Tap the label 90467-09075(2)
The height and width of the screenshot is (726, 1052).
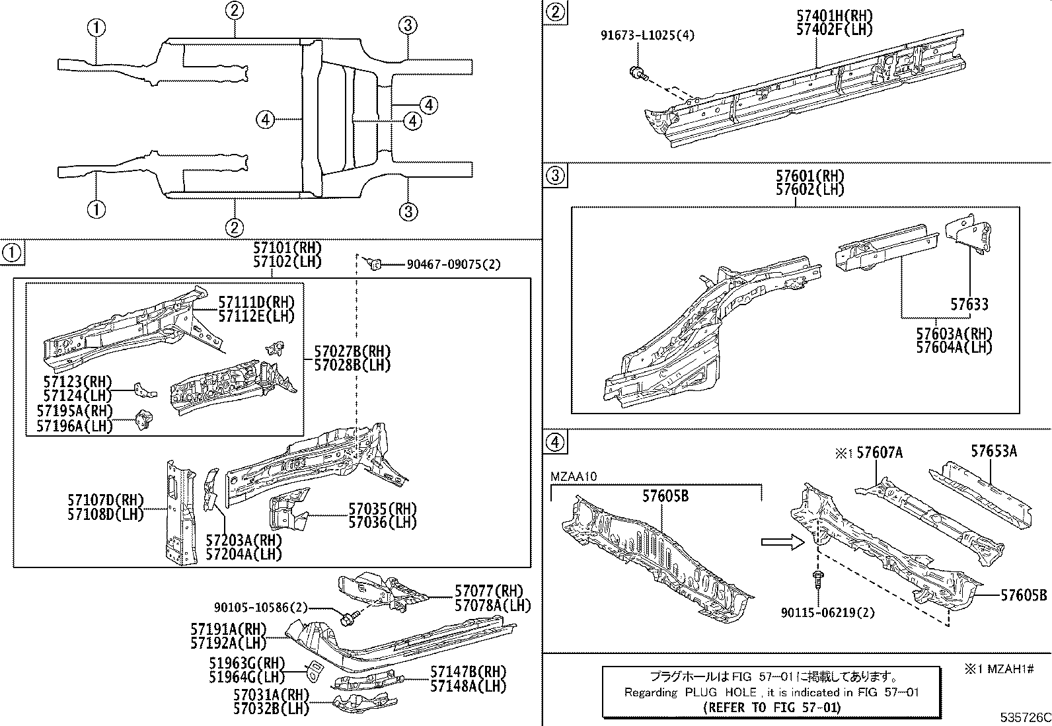coord(453,265)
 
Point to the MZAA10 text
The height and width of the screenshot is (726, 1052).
coord(574,476)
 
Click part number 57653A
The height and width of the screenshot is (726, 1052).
coord(993,451)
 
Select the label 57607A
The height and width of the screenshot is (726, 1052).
coord(879,453)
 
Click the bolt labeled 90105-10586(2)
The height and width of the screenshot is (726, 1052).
coord(348,619)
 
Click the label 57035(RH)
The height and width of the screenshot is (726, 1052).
coord(383,509)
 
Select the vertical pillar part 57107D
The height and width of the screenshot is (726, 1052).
coord(180,512)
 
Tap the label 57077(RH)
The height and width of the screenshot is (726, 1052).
coord(488,591)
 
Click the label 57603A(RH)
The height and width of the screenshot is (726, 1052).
coord(954,334)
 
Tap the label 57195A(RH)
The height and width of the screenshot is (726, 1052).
coord(74,411)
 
